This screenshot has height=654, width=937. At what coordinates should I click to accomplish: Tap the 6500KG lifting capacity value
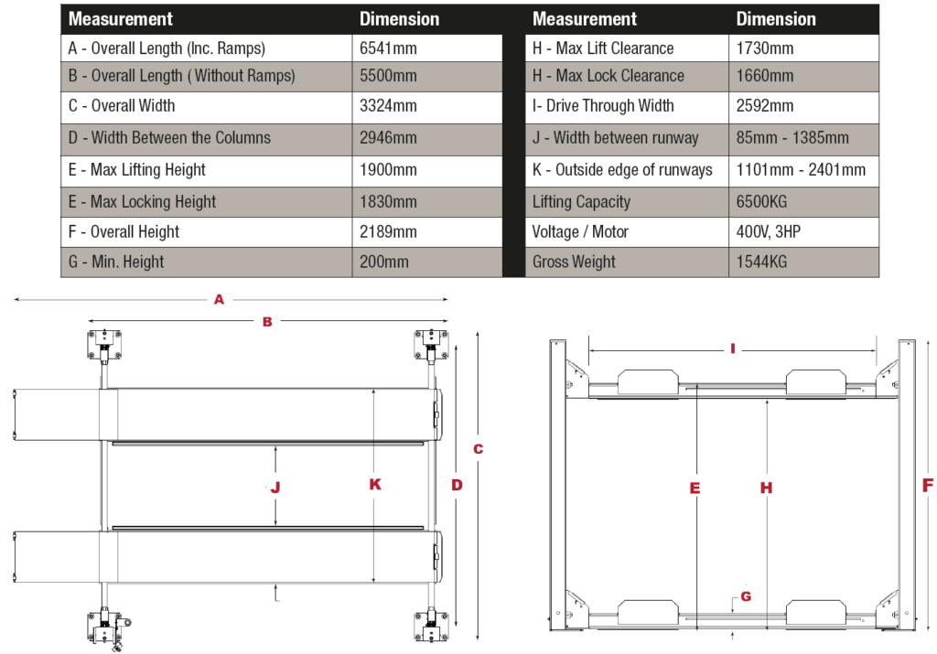[x=761, y=201]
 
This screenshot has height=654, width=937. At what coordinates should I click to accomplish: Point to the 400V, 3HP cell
[x=768, y=231]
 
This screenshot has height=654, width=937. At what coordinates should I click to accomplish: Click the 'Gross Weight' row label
[x=574, y=262]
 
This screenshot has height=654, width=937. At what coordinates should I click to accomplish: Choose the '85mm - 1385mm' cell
[x=792, y=138]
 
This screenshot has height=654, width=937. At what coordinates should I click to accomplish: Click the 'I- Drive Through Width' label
[x=603, y=106]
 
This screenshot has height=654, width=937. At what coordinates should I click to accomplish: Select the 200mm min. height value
[x=384, y=262]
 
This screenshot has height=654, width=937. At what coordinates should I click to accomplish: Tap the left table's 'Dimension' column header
[x=399, y=18]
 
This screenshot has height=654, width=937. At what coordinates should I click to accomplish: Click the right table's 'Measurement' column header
[x=584, y=18]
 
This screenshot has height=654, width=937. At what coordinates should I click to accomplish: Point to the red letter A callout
[x=219, y=299]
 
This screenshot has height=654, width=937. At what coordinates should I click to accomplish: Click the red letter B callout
[x=267, y=322]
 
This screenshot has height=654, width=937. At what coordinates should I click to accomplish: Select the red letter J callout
[x=275, y=488]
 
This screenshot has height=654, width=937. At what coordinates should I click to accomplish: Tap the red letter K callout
[x=375, y=484]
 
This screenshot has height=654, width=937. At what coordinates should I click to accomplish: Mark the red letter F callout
[x=927, y=485]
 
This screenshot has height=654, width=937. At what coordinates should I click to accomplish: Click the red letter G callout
[x=746, y=596]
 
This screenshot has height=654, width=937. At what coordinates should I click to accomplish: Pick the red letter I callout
[x=733, y=348]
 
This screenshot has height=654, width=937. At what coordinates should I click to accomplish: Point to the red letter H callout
[x=767, y=488]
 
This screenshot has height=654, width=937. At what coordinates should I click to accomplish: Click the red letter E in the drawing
[x=695, y=488]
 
